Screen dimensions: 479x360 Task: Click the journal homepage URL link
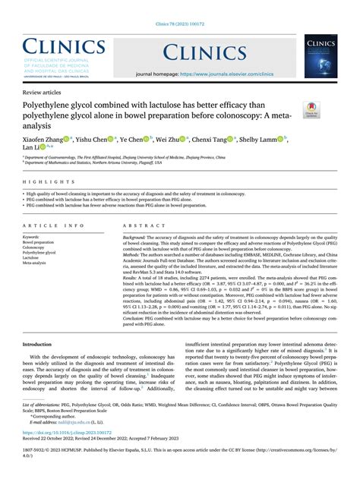pos(226,74)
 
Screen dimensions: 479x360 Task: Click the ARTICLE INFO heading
pos(54,226)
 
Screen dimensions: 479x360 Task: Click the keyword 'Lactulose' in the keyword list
pos(34,258)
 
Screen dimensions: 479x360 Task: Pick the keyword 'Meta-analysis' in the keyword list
pos(38,263)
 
